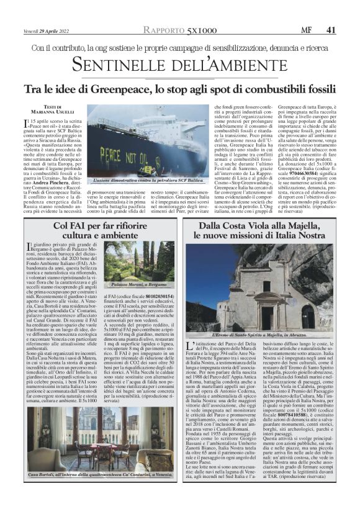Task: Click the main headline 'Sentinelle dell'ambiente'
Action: pos(179,63)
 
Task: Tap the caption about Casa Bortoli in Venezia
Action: pos(101,492)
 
